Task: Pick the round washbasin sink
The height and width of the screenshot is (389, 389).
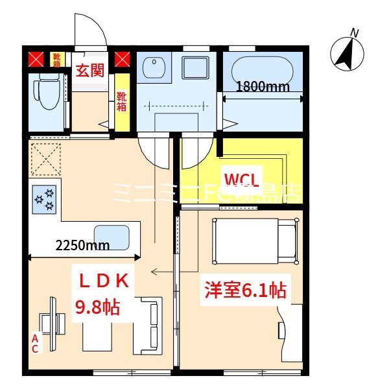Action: (x=154, y=68)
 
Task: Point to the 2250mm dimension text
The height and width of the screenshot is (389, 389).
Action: (x=82, y=245)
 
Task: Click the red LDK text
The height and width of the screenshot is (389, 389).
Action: (x=106, y=280)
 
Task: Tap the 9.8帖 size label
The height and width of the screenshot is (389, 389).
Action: (x=98, y=307)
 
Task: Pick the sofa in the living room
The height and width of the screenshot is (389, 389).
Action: (x=148, y=325)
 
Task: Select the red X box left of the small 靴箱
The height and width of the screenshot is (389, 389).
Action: (x=36, y=61)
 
